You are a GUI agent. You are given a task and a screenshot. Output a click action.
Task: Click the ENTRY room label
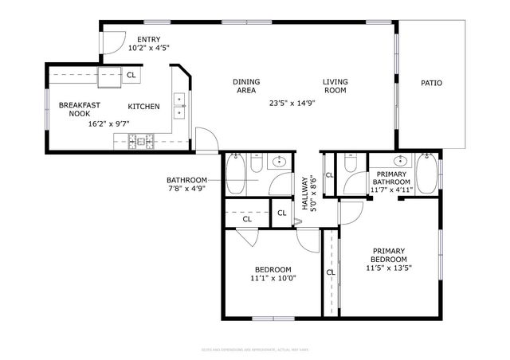point(148,39)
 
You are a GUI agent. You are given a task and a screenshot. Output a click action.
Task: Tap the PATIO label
point(431,83)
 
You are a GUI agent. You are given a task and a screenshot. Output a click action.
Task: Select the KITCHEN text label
point(143,107)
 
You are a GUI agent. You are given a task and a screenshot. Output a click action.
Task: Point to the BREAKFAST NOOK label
point(79,108)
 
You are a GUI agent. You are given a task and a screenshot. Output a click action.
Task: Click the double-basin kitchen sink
point(180,104)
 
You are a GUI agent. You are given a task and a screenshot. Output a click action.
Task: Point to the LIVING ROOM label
point(335,85)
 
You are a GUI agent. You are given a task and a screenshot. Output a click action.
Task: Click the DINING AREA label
point(245,85)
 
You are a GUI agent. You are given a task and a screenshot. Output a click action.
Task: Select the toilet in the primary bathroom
point(350,165)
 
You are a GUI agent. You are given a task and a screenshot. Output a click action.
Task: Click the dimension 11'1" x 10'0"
point(273,278)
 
